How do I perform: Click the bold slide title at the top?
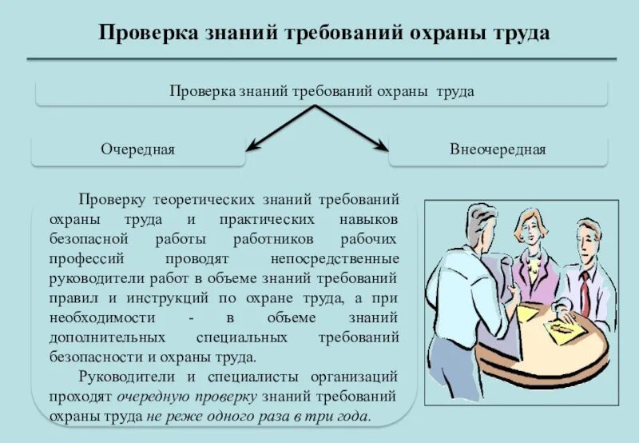pos(323,34)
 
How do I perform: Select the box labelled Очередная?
pos(138,150)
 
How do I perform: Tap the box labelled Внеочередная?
pos(498,150)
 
